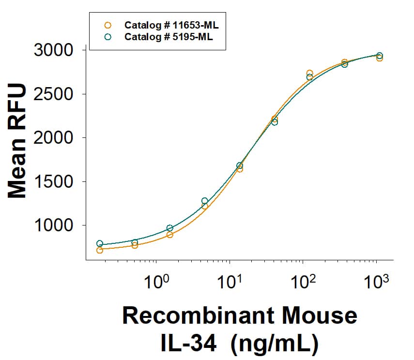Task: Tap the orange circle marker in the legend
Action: click(108, 25)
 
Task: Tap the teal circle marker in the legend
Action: click(108, 36)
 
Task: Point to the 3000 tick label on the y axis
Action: click(53, 50)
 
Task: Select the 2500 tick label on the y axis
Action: click(53, 94)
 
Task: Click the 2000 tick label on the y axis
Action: click(53, 138)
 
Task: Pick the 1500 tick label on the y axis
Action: click(53, 182)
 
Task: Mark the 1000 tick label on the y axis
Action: click(53, 225)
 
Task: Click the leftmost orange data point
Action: click(100, 250)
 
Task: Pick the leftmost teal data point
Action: click(100, 243)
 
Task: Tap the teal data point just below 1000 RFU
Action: click(169, 228)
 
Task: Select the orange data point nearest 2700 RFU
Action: click(309, 73)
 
